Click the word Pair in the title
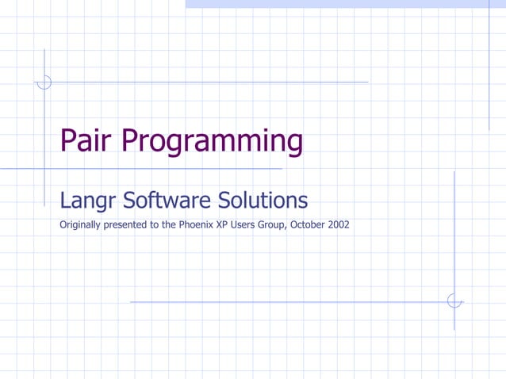tap(86, 141)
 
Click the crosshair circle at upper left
tap(44, 82)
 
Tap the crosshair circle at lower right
tap(454, 301)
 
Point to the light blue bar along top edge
tap(345, 4)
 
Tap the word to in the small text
tap(153, 224)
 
